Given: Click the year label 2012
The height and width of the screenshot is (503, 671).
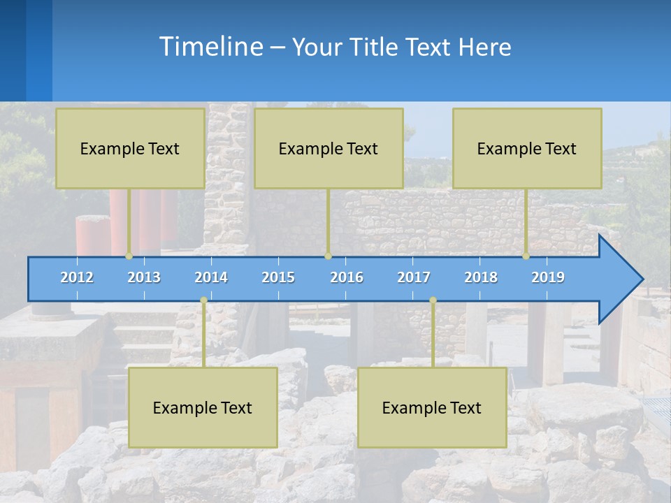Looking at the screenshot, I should tap(77, 277).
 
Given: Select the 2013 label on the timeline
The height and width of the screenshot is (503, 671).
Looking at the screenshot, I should tap(144, 277).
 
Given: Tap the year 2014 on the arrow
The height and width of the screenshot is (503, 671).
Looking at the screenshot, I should tap(211, 277).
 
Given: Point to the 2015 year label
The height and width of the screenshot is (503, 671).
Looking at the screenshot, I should tap(278, 277).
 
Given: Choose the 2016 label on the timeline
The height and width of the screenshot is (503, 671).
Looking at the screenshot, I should tap(347, 277).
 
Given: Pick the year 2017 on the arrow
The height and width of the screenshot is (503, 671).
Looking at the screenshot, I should tap(414, 277).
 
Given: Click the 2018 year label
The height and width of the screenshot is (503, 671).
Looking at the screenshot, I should tap(481, 277).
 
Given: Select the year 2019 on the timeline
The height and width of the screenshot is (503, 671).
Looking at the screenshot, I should tap(548, 277).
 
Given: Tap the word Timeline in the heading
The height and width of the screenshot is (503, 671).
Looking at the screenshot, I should tap(210, 47).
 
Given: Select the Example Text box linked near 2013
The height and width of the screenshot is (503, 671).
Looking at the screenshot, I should tap(130, 148).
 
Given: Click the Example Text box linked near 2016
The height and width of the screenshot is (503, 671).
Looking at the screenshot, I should tap(329, 148).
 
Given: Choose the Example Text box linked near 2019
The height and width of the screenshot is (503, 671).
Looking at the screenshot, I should tap(527, 148).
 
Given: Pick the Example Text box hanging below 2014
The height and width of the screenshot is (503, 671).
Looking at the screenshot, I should tap(203, 407).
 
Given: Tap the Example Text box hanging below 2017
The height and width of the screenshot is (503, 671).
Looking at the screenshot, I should tap(432, 407).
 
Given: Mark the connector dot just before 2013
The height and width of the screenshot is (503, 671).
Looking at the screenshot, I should tap(129, 256).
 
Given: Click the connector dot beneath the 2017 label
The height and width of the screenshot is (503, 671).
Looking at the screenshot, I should tap(433, 300).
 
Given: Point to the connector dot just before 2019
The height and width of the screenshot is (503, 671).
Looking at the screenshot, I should tap(526, 256).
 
